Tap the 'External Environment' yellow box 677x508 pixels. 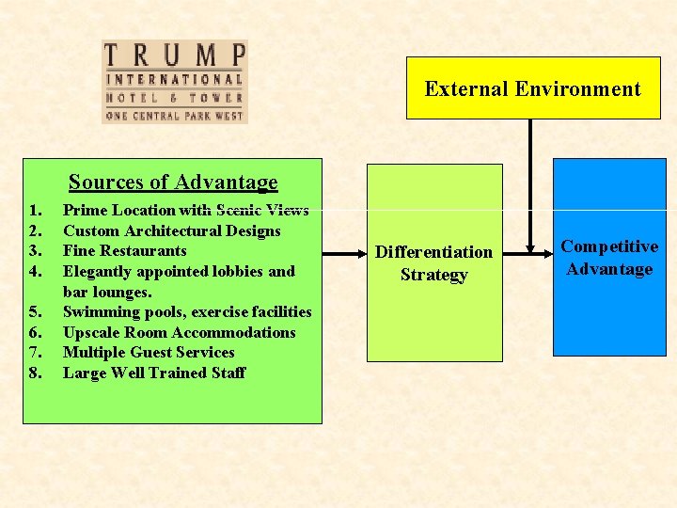[x=532, y=89]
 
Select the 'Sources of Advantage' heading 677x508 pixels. [x=173, y=183]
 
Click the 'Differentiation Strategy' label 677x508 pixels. [x=433, y=263]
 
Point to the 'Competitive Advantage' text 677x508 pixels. [x=609, y=258]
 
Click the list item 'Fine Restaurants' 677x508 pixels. [x=124, y=251]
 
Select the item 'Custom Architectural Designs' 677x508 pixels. [x=171, y=230]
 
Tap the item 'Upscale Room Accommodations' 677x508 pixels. [x=179, y=332]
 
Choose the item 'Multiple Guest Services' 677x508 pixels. [x=149, y=352]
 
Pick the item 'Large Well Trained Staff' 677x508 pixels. [x=153, y=373]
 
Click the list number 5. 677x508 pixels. [x=35, y=312]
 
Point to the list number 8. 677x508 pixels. [x=35, y=373]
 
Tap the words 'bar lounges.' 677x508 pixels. [x=107, y=292]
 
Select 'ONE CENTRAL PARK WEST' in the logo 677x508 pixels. [x=174, y=116]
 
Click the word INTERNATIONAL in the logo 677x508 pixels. [x=174, y=80]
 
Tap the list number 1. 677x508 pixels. [x=35, y=210]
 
